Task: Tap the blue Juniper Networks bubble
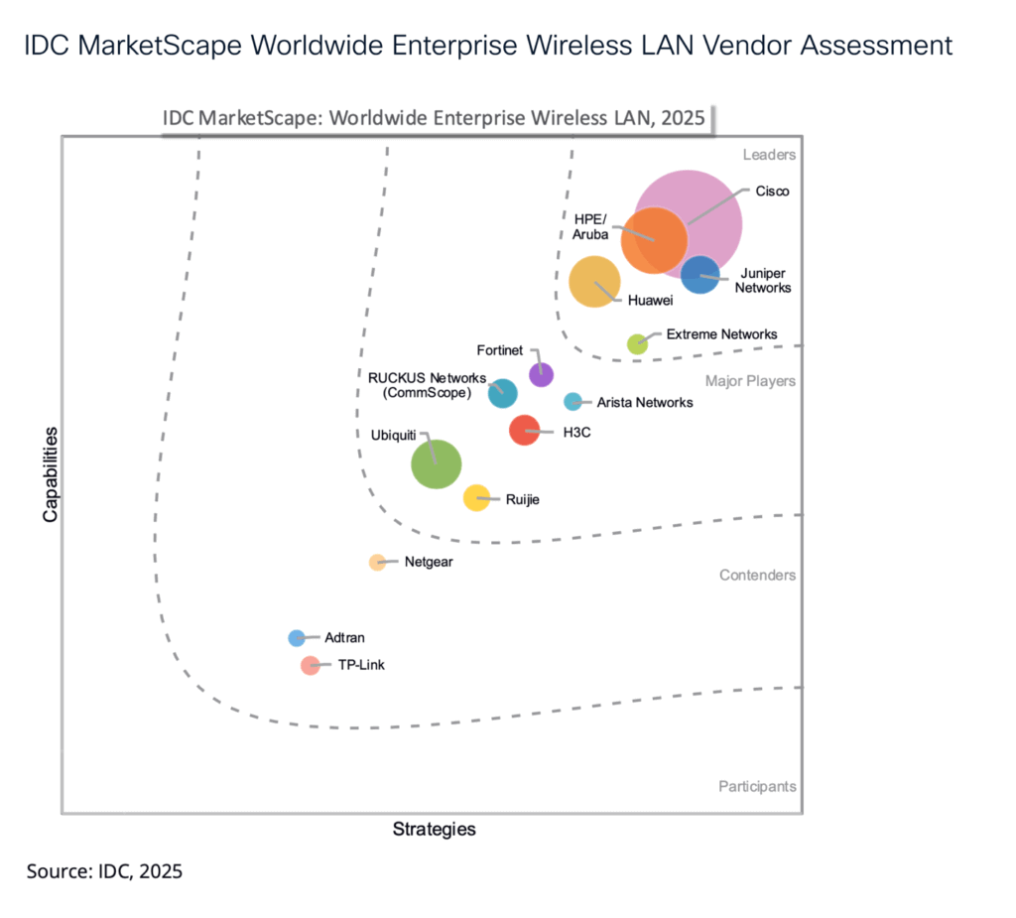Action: (x=700, y=274)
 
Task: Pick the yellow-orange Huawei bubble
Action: (x=594, y=281)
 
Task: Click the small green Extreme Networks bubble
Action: (x=637, y=344)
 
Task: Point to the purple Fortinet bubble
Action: (x=541, y=374)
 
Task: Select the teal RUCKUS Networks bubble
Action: (x=503, y=393)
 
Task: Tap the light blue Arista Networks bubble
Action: (x=572, y=402)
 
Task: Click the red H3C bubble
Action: (x=524, y=431)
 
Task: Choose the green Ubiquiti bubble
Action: (x=437, y=463)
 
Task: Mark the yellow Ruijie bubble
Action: (x=477, y=498)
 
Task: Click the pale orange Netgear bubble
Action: (x=377, y=563)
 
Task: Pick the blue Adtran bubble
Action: (x=296, y=638)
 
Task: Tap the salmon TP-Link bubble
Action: (x=311, y=665)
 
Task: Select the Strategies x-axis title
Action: (x=434, y=829)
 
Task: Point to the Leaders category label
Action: (x=769, y=155)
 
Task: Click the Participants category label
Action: (x=757, y=787)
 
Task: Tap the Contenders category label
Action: (x=757, y=576)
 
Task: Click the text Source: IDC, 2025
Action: (x=104, y=871)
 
